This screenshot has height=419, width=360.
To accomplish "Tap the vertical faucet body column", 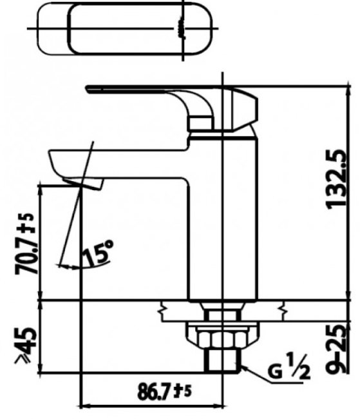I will [x=222, y=219].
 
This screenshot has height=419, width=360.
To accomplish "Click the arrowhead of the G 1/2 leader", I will [x=242, y=365].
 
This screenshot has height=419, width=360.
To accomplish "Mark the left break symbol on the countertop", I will [x=164, y=312].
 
